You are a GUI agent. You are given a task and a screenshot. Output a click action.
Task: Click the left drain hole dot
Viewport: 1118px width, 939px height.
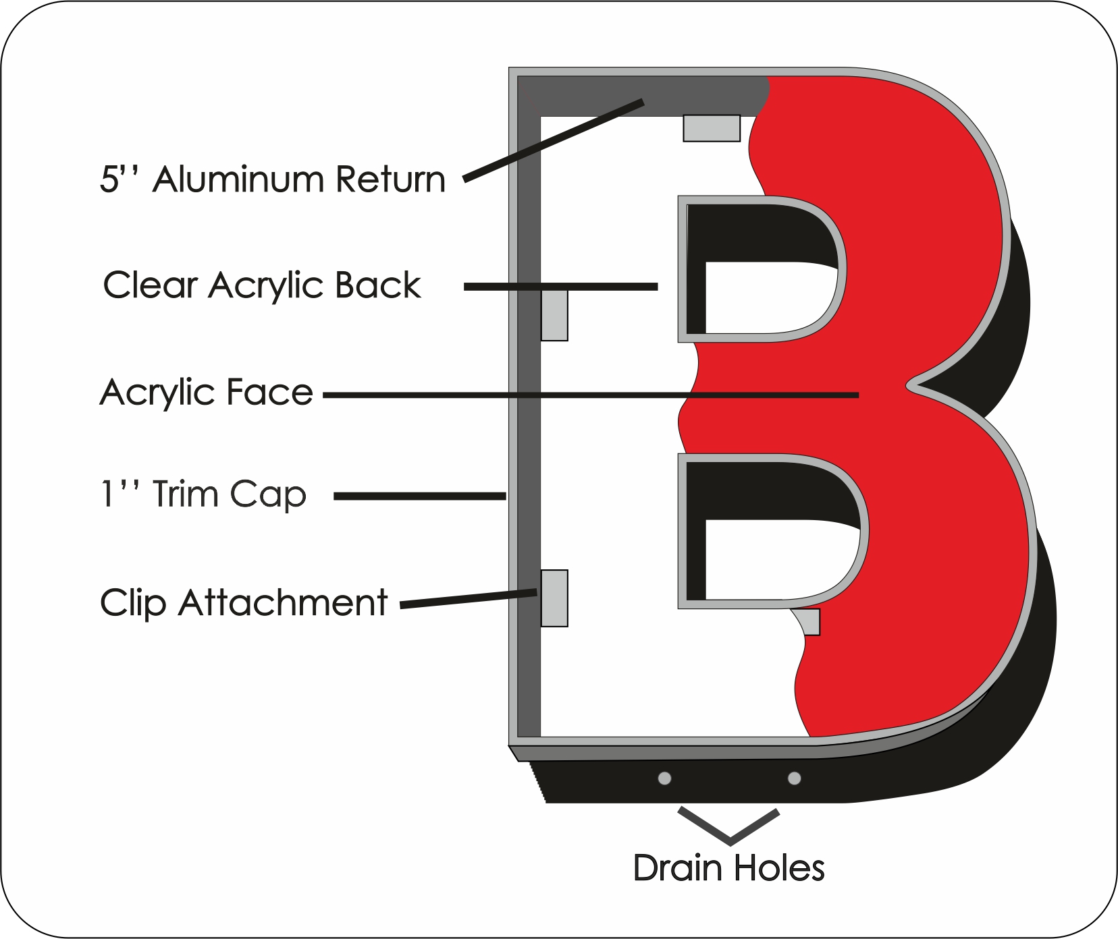pos(664,778)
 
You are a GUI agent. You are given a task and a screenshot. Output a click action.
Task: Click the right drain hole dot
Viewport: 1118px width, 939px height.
pos(795,778)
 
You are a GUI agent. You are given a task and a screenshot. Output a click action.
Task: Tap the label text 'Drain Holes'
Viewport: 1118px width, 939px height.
pos(729,868)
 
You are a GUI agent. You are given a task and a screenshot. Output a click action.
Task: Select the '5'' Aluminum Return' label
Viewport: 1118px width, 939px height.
pos(273,179)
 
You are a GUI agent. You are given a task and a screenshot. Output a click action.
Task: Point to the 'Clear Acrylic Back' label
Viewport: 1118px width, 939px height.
pos(262,285)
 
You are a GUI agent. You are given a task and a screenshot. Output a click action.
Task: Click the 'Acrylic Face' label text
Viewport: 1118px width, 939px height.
pos(207,392)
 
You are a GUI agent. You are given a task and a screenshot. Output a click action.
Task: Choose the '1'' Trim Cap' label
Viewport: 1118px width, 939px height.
pos(203,494)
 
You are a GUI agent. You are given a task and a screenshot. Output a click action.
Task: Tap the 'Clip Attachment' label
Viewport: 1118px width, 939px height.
pos(244,602)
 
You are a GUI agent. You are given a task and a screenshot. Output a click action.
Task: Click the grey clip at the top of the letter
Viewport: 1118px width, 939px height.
pos(712,128)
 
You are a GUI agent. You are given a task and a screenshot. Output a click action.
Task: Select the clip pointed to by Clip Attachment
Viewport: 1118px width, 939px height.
pos(554,598)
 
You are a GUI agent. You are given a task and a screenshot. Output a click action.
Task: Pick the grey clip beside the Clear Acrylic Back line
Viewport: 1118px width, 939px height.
pos(554,315)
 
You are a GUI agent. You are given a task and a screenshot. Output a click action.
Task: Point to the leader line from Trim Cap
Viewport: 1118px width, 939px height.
pos(420,496)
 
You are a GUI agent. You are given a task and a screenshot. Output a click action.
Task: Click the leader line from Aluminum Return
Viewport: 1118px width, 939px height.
pos(554,141)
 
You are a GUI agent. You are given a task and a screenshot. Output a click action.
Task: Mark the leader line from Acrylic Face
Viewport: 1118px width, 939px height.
pos(591,395)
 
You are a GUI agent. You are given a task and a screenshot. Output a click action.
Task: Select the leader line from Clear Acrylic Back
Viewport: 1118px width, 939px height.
pos(561,287)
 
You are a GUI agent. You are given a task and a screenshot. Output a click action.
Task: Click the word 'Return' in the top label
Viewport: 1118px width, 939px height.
pos(391,179)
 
